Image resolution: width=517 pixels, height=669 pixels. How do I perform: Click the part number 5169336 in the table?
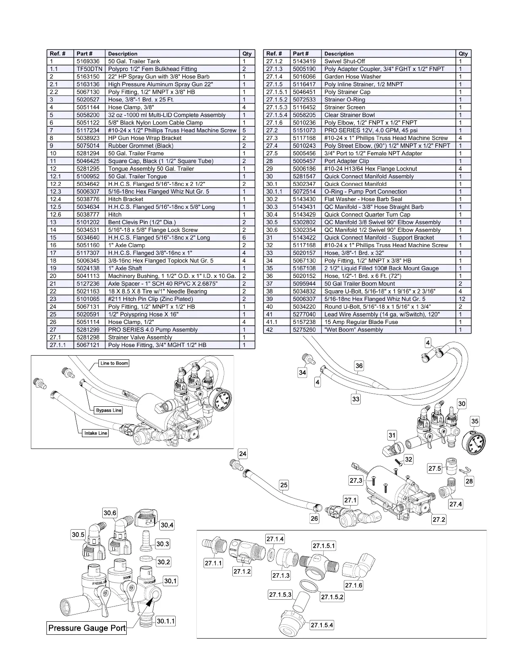(x=88, y=61)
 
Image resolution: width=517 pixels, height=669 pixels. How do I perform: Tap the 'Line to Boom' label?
(x=114, y=363)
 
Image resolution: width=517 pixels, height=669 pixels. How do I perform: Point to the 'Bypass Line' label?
(x=109, y=410)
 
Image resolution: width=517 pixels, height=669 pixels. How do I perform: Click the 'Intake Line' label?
(x=95, y=433)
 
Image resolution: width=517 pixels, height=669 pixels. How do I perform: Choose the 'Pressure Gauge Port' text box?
(x=87, y=628)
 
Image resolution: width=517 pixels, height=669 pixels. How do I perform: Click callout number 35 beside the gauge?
(x=475, y=421)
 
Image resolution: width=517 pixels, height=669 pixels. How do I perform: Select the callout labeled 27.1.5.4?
(x=322, y=625)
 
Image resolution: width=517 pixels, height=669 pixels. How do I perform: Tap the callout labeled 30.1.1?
(x=166, y=621)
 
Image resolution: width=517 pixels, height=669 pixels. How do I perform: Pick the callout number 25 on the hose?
(x=284, y=485)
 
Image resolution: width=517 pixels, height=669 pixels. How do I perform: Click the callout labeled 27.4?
(x=456, y=504)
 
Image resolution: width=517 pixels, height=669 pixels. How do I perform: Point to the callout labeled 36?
(x=359, y=366)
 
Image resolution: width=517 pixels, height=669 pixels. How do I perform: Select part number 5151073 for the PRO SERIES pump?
(x=304, y=130)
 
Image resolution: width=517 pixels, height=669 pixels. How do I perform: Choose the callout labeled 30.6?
(x=110, y=513)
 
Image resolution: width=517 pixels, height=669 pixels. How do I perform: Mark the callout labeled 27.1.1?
(x=213, y=563)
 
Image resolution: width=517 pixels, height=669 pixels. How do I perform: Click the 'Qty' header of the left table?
(x=247, y=54)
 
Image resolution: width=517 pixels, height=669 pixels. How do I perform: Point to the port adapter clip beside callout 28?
(x=465, y=470)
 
